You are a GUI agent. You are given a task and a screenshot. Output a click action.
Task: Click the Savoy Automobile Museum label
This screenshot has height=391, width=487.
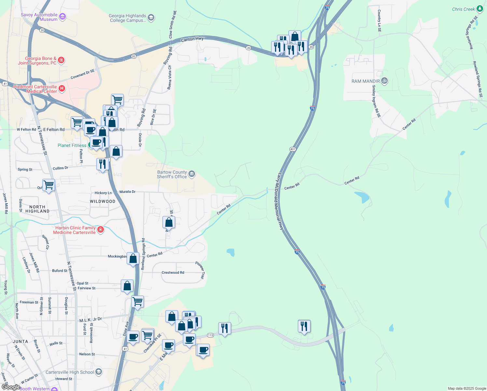[x=39, y=17]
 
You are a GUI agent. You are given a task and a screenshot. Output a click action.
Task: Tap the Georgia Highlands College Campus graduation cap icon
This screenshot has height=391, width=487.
[x=151, y=18]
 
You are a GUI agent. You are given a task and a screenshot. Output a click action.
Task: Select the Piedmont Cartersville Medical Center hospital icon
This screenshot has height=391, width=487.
[x=62, y=89]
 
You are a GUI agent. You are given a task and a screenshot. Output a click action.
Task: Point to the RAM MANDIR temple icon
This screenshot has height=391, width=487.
[x=384, y=81]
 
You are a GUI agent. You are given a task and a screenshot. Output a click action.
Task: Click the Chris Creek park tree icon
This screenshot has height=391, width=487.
[x=480, y=9]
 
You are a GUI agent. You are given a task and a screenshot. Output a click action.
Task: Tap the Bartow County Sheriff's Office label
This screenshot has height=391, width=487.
[x=172, y=174]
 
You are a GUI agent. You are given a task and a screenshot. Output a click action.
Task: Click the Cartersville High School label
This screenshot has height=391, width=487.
[x=70, y=372]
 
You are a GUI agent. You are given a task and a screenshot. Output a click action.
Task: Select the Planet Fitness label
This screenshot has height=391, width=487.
[x=72, y=145]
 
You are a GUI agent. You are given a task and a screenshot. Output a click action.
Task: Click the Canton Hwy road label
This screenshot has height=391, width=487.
[x=192, y=39]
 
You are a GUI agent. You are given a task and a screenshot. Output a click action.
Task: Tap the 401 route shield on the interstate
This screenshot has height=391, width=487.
[x=293, y=149]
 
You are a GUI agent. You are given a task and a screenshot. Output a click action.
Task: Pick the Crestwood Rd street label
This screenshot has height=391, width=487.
[x=173, y=272]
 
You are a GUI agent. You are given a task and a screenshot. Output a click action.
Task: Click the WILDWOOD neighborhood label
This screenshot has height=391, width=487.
[x=103, y=201]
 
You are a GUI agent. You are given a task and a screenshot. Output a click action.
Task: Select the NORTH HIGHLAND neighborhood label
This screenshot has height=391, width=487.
[x=37, y=209]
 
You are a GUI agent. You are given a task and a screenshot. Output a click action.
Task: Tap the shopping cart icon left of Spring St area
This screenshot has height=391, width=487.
[x=49, y=185]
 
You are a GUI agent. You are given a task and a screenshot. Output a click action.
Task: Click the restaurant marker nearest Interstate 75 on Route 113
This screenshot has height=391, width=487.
[x=304, y=326]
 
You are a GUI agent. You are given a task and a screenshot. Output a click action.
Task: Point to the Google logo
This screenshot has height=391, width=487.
[x=11, y=387]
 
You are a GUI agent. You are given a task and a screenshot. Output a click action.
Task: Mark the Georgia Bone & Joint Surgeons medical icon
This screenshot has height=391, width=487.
[x=61, y=60]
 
